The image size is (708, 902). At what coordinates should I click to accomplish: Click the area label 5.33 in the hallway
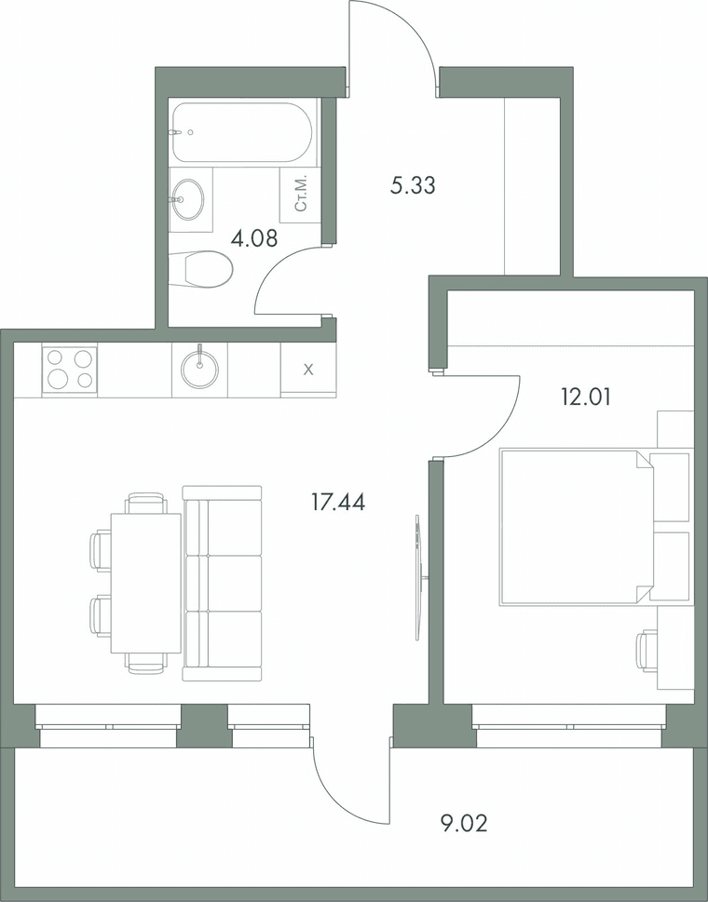(x=412, y=186)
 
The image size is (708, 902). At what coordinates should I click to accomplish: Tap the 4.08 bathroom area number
(x=253, y=237)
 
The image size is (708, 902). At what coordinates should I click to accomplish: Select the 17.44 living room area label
(x=338, y=503)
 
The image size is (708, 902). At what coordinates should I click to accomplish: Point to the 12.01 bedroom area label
(x=585, y=397)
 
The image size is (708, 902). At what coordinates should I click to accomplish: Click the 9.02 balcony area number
(x=463, y=825)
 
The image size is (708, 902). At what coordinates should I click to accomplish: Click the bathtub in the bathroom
(x=242, y=132)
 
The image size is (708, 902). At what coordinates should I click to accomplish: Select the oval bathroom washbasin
(x=187, y=199)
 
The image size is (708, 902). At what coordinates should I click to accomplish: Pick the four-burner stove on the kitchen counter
(x=70, y=370)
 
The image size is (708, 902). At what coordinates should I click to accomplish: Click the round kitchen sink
(x=199, y=367)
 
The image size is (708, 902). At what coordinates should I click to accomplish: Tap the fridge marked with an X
(x=308, y=370)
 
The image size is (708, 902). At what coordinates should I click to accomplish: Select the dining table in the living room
(x=145, y=583)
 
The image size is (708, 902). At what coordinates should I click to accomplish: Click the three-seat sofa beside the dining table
(x=223, y=584)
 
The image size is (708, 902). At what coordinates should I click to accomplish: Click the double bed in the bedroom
(x=578, y=527)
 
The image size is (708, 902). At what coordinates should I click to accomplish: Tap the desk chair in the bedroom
(x=647, y=651)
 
